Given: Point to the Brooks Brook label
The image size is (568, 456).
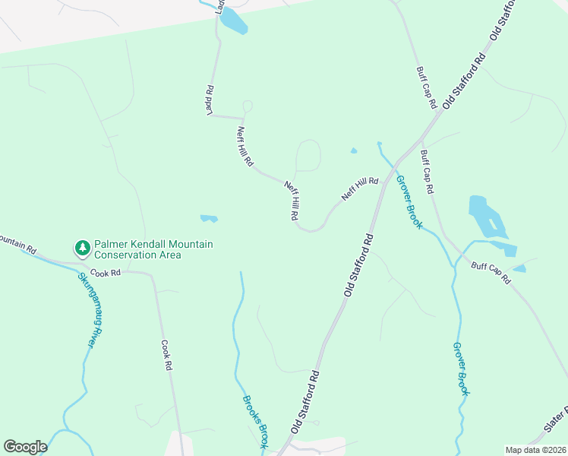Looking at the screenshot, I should [255, 420].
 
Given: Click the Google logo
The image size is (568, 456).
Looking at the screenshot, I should [25, 447].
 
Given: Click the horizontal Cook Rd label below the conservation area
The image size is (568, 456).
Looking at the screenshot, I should [106, 272].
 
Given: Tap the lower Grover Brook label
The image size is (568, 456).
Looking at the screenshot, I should [461, 369].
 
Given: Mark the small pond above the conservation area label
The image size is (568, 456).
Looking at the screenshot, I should [209, 219].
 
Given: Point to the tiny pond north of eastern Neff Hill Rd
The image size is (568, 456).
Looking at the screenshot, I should [354, 150].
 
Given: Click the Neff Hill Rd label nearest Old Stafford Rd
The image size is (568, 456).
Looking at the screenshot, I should [359, 189].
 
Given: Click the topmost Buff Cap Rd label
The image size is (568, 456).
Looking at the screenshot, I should [425, 87].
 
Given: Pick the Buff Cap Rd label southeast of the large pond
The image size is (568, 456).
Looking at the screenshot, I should [491, 273].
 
